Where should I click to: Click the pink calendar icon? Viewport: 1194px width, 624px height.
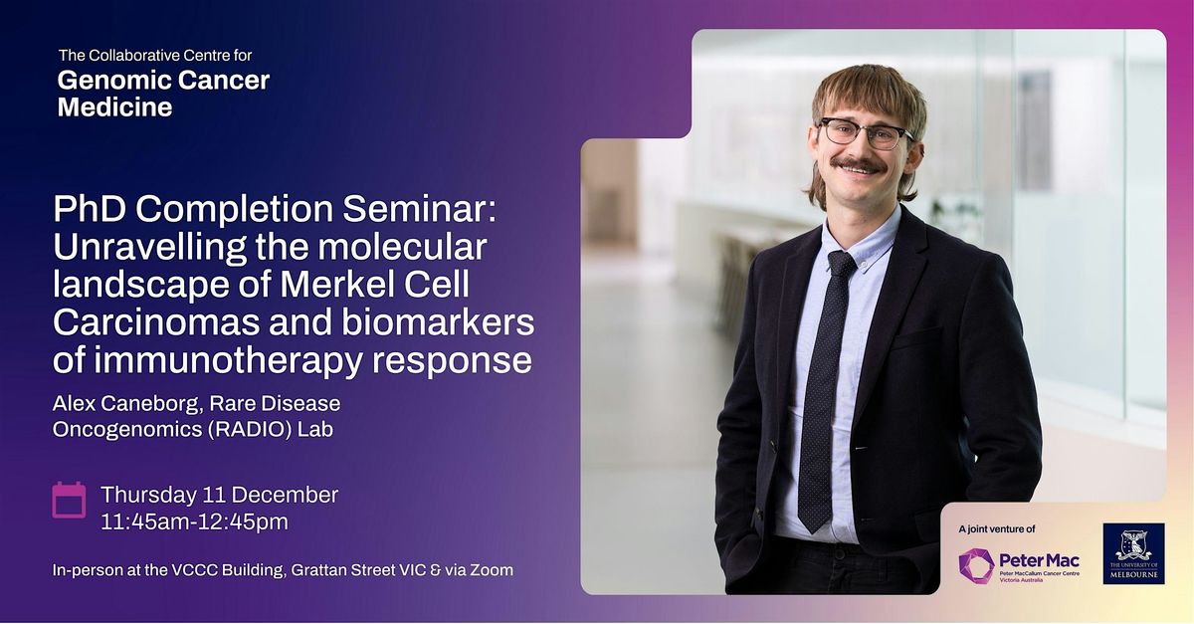69,500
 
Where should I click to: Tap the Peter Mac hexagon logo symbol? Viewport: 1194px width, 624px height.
976,565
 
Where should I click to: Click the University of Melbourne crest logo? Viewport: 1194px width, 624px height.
1133,553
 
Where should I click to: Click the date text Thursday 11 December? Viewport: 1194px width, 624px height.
219,495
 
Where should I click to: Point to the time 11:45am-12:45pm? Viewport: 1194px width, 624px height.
202,520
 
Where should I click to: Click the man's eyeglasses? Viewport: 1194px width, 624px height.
863,133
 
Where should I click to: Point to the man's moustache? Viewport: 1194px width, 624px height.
858,163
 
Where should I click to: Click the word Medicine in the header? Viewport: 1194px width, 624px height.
114,107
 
